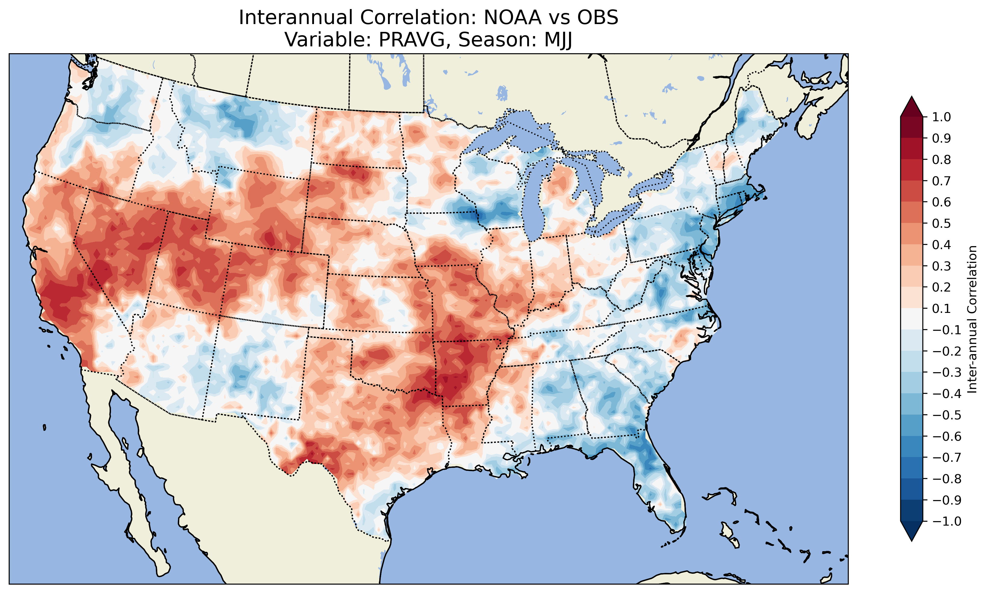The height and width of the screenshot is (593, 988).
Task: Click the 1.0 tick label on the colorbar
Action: [x=941, y=117]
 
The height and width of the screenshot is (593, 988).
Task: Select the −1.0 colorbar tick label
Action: [x=946, y=521]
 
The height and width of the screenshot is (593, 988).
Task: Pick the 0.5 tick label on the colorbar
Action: [x=941, y=223]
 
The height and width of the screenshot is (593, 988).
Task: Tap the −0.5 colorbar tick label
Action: [x=946, y=415]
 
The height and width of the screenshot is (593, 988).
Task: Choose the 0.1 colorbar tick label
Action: [x=941, y=308]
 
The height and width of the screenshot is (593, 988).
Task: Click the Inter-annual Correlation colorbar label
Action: [x=972, y=319]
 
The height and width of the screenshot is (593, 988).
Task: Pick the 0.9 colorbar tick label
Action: [x=941, y=138]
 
